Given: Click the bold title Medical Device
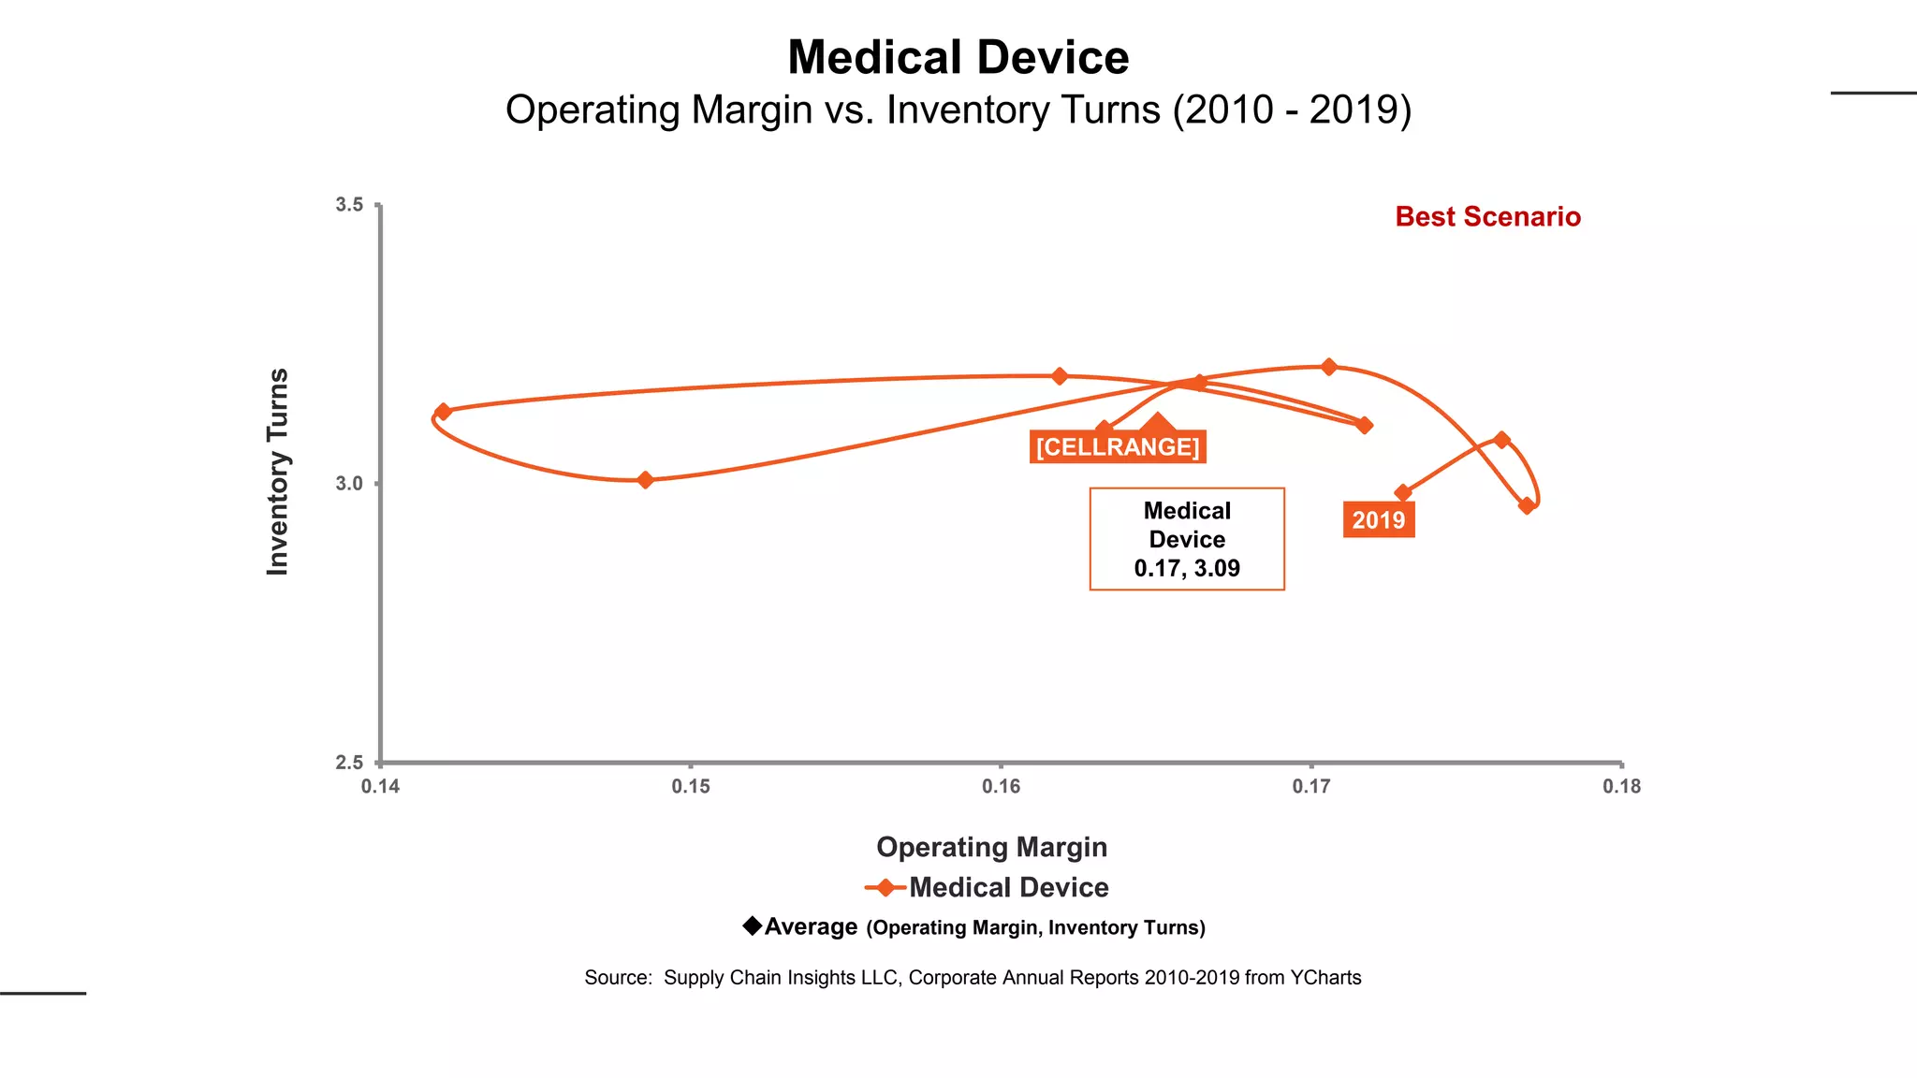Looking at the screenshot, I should point(958,58).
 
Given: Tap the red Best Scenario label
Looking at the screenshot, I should point(1486,217).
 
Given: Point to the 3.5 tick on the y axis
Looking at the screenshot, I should point(349,205).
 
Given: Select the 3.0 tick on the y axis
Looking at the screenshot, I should point(349,484).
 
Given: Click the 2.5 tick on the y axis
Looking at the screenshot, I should point(349,763).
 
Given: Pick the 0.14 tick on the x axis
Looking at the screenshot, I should point(380,787).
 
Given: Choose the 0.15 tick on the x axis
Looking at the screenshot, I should point(691,787).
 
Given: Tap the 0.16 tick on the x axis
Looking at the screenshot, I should point(1001,787).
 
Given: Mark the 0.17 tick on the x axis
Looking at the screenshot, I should point(1310,787).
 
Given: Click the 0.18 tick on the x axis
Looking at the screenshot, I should point(1621,787).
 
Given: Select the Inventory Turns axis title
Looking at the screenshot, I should point(278,472).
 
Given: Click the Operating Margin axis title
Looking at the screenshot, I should point(991,847).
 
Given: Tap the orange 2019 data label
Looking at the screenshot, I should point(1378,520).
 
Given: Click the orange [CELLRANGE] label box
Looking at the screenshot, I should point(1117,447).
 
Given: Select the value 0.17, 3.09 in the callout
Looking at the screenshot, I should point(1186,568).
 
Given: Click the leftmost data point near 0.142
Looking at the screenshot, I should point(444,412).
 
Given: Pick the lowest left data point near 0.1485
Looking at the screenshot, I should point(645,480).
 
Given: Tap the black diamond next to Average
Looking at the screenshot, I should point(752,925).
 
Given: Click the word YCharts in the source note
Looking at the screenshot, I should point(1325,978).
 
